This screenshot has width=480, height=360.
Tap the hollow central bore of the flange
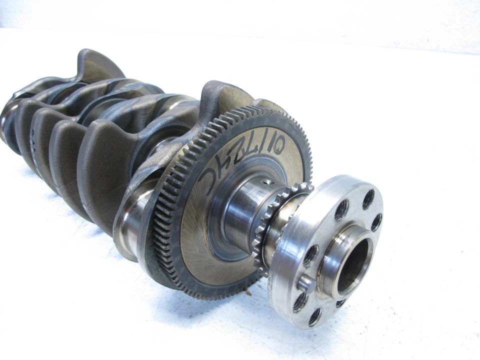click(x=354, y=265)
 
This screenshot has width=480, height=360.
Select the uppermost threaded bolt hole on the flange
click(x=368, y=198)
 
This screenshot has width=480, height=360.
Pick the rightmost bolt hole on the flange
click(x=376, y=222)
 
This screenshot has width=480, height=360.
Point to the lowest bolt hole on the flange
click(x=314, y=316)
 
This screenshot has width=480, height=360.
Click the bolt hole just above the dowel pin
click(x=310, y=255)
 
